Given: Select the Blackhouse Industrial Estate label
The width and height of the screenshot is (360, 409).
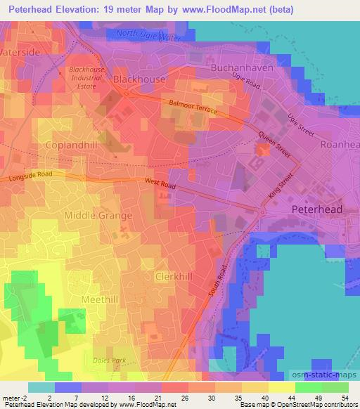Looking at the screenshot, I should pos(87,79).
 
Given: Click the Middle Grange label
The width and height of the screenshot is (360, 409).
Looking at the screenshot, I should pos(98,216).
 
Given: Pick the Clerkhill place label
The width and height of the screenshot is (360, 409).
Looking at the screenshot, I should pos(173,277).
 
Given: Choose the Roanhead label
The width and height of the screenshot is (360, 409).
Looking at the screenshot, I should pos(339,146).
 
